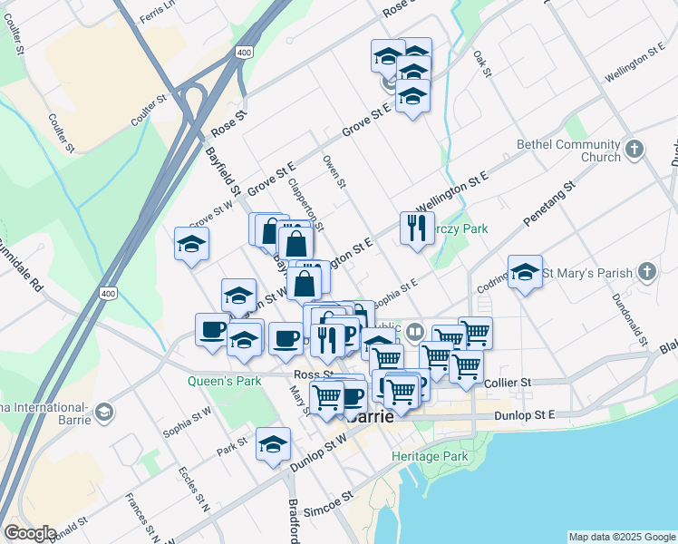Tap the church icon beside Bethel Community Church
[x=634, y=148]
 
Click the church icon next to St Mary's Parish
[x=646, y=271]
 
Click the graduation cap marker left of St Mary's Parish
[x=525, y=271]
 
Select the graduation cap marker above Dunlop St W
[x=272, y=443]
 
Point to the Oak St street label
[x=482, y=63]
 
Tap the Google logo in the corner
[x=30, y=533]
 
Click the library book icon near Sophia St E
[x=415, y=331]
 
